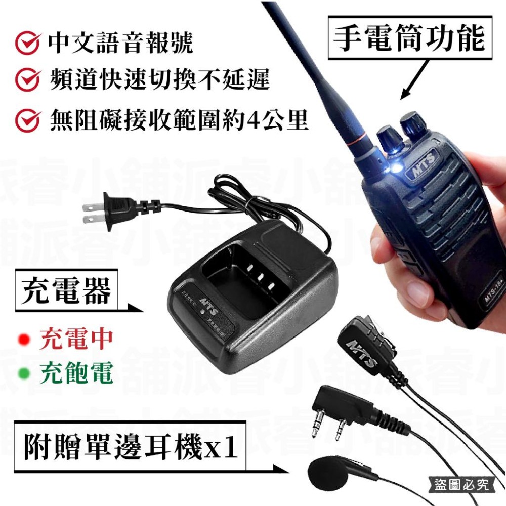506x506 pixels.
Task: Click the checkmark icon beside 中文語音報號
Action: tap(28, 45)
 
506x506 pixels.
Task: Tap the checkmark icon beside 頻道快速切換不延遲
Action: tap(28, 81)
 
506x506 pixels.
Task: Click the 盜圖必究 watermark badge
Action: tap(461, 485)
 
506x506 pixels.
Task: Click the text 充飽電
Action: tap(76, 374)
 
